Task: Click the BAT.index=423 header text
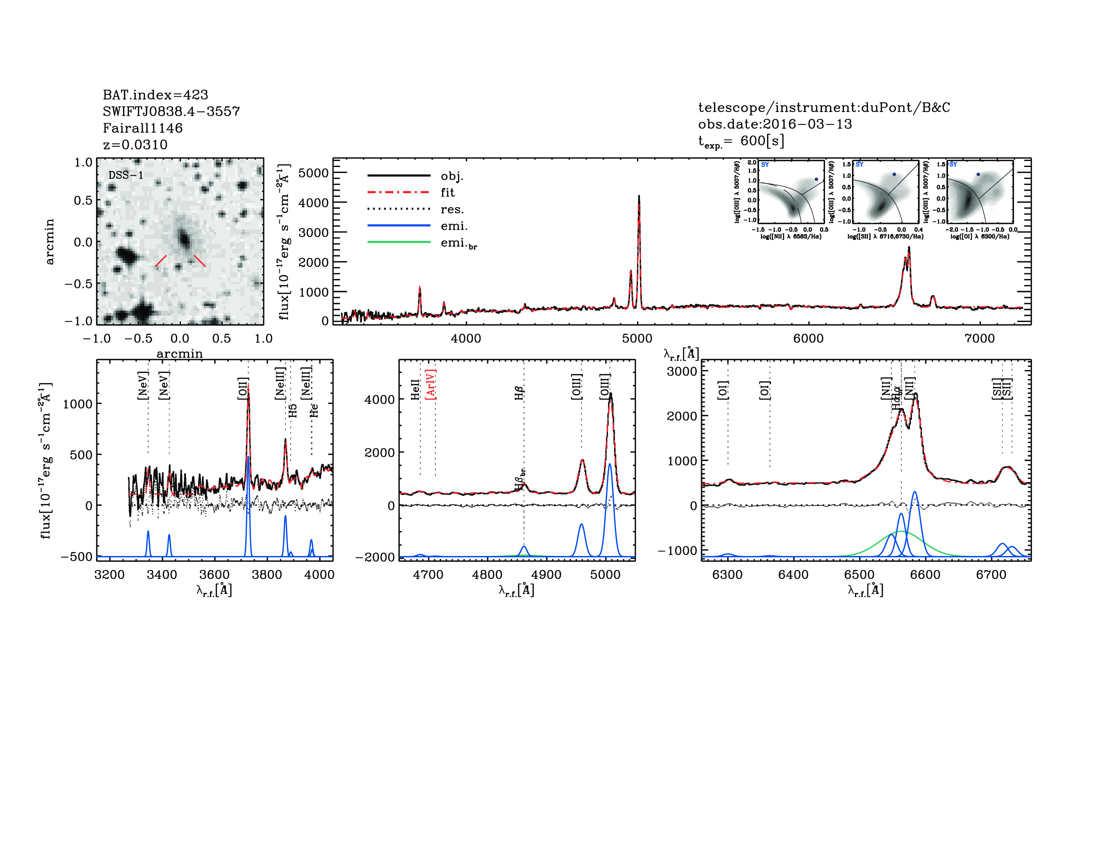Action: (155, 95)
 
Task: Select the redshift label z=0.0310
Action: (135, 145)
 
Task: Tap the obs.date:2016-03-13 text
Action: (775, 124)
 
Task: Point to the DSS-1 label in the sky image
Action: (126, 175)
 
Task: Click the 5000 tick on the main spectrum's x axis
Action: (637, 338)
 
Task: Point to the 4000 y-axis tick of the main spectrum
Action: (313, 203)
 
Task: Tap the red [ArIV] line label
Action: (431, 385)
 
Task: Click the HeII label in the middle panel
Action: (415, 390)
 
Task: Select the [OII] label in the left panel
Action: (243, 388)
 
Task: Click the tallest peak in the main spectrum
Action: (639, 196)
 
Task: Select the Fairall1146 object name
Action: (143, 128)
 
